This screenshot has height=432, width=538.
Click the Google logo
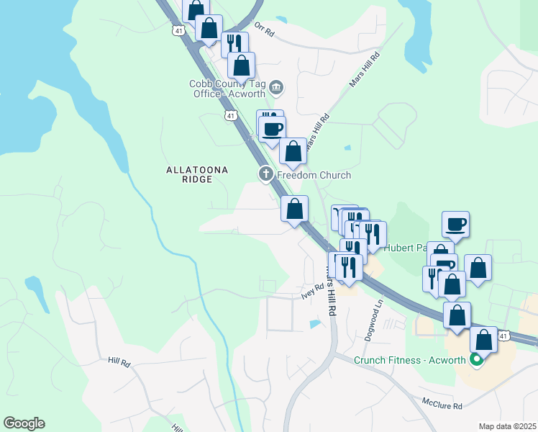pyautogui.click(x=24, y=423)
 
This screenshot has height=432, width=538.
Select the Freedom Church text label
pyautogui.click(x=314, y=175)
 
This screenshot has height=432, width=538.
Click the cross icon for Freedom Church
pyautogui.click(x=265, y=174)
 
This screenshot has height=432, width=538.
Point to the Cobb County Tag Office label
pyautogui.click(x=227, y=89)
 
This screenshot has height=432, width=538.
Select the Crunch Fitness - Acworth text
pyautogui.click(x=410, y=360)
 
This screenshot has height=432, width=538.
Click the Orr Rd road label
pyautogui.click(x=265, y=33)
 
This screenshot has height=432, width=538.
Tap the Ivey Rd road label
pyautogui.click(x=313, y=290)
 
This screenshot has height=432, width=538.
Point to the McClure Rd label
pyautogui.click(x=442, y=406)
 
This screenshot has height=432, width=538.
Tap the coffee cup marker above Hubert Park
pyautogui.click(x=455, y=224)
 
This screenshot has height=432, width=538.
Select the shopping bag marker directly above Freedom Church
pyautogui.click(x=293, y=152)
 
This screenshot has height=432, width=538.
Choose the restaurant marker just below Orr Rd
pyautogui.click(x=234, y=44)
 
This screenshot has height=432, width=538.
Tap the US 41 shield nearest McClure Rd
pyautogui.click(x=504, y=336)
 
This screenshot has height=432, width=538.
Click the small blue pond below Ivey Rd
pyautogui.click(x=315, y=324)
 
